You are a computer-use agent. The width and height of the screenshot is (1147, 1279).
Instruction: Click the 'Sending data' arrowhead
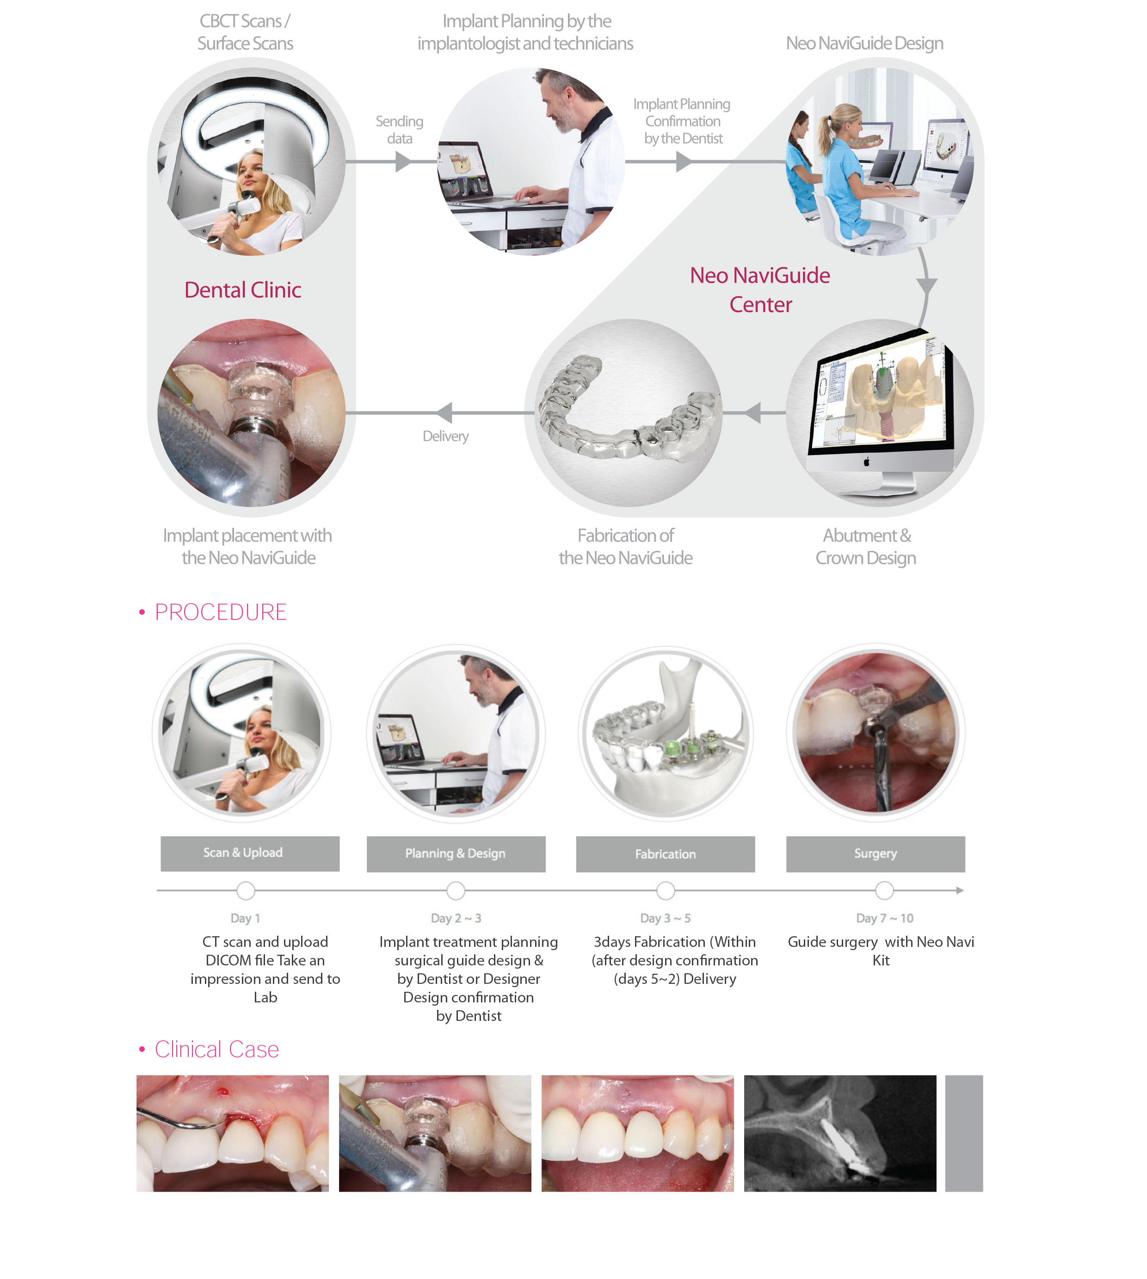(x=403, y=162)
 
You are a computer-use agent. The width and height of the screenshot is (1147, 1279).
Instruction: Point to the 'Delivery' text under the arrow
(x=445, y=436)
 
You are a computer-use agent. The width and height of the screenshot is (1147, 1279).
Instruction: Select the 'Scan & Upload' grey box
(x=250, y=853)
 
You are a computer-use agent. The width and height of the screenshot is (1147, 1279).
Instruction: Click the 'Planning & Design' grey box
(x=456, y=854)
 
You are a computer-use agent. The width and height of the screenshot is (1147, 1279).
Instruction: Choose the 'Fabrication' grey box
(x=666, y=854)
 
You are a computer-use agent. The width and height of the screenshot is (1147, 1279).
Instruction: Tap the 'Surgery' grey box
(x=876, y=854)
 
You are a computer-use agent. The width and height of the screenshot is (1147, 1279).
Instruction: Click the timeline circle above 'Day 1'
(x=246, y=891)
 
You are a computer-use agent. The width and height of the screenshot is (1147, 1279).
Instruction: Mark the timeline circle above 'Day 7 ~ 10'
(x=884, y=891)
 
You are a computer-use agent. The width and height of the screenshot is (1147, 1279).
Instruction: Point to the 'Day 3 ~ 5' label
(x=666, y=919)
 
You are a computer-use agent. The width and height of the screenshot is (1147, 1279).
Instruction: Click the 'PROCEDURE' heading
(x=221, y=612)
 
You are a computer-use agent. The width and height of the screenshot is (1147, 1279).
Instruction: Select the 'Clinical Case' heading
(x=217, y=1050)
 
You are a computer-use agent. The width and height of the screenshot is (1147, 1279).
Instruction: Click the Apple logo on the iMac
(x=867, y=462)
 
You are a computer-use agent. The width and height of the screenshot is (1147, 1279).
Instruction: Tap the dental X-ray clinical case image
(x=840, y=1133)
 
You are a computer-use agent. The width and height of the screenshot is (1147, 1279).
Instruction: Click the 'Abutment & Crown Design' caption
(x=866, y=546)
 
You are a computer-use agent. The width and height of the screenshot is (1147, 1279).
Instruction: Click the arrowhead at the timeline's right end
(x=960, y=891)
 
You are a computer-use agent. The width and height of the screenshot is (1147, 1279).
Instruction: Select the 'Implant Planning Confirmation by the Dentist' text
(x=683, y=121)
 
